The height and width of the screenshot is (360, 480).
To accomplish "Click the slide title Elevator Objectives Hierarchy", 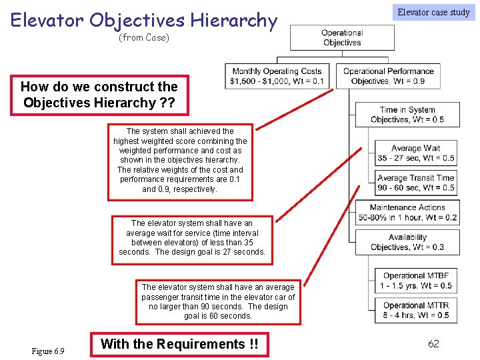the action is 143,20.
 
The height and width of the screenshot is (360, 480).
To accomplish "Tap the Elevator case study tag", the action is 433,12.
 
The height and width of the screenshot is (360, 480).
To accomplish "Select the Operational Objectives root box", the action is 341,38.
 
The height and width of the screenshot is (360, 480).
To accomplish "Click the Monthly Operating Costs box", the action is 277,76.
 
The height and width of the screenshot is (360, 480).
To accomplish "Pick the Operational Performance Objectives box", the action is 388,76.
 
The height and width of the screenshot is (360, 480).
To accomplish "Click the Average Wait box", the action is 415,153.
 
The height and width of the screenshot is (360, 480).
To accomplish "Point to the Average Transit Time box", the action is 415,183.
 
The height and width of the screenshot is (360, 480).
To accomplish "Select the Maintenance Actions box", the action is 407,213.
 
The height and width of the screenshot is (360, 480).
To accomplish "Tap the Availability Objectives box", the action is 407,242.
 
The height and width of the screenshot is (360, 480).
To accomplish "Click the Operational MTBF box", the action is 416,281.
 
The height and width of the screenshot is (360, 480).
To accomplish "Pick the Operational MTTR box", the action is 416,311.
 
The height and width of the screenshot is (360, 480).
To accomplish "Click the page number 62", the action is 433,344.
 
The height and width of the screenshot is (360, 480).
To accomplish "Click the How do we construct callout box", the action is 99,95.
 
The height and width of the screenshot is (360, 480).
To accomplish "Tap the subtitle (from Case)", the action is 143,38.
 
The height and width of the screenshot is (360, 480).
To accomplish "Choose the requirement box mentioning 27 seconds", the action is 192,237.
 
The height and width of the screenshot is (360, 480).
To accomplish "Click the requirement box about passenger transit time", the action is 218,301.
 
